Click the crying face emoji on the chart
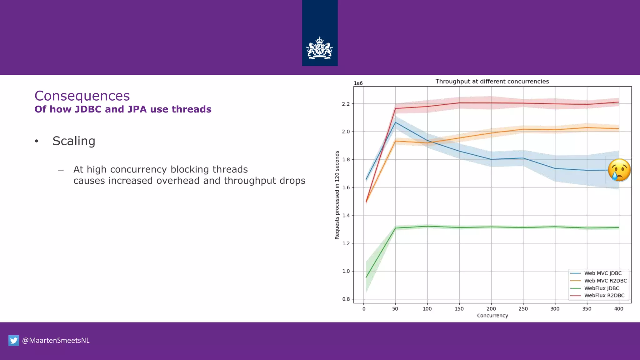[619, 170]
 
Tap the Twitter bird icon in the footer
[13, 340]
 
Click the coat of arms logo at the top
[319, 48]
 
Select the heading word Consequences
[82, 96]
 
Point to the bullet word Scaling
[74, 141]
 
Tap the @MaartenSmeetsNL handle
[56, 340]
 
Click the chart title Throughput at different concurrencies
[492, 82]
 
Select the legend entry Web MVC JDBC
[602, 273]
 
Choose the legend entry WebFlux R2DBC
[604, 295]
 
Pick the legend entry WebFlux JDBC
[601, 288]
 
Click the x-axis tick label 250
[523, 309]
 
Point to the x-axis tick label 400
[618, 309]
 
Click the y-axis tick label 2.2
[346, 104]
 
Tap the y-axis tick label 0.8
[346, 299]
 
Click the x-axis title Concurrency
[492, 316]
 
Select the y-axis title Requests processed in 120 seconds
[337, 195]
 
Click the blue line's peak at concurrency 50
[396, 122]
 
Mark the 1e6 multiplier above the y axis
[358, 83]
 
